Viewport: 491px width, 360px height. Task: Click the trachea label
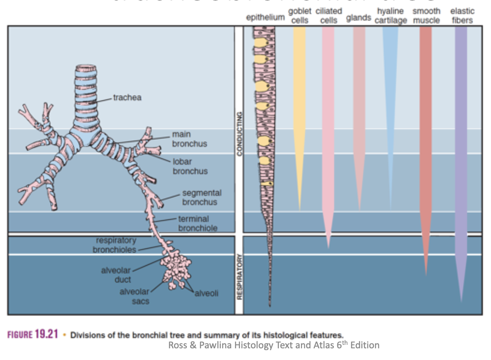(127, 98)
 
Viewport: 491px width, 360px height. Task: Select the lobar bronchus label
(190, 166)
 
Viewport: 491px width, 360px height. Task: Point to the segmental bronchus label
(201, 197)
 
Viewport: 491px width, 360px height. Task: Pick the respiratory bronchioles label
(114, 245)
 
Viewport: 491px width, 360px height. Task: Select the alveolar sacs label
(134, 296)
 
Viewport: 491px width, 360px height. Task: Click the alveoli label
(207, 293)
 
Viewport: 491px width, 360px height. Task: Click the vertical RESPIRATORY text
(239, 277)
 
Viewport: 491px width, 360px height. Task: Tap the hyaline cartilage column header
(391, 16)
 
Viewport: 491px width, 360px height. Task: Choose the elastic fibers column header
(462, 16)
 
